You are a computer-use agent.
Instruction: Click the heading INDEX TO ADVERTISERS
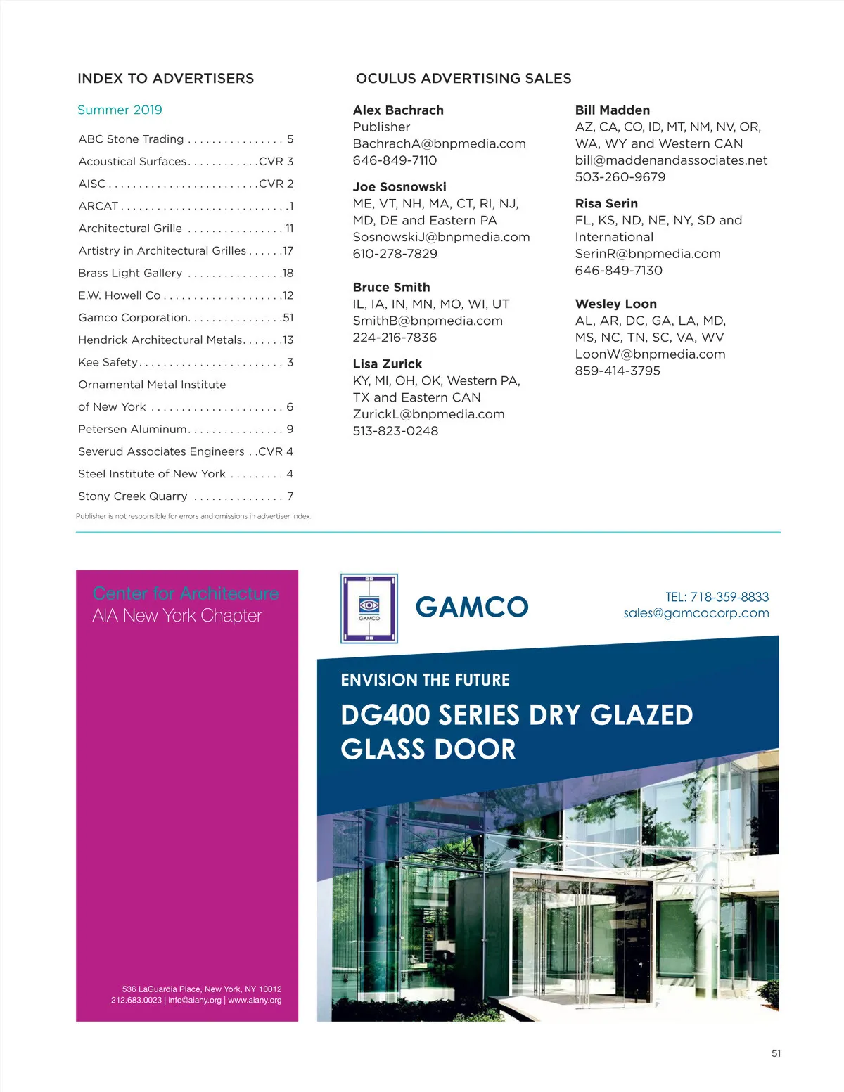tap(165, 79)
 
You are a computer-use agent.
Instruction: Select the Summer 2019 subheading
tap(120, 110)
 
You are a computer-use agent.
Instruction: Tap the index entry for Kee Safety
tap(108, 362)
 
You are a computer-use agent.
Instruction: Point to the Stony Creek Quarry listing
tap(133, 496)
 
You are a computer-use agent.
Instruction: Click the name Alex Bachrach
tap(398, 110)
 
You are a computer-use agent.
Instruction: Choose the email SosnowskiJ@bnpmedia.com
tap(441, 237)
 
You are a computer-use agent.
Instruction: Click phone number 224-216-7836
tap(395, 338)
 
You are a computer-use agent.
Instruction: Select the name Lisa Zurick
tap(388, 364)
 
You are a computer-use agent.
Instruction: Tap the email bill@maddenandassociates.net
tap(671, 160)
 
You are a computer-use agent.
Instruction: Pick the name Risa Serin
tap(606, 204)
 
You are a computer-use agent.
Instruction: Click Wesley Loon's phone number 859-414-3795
tap(618, 371)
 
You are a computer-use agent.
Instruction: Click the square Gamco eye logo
tap(369, 608)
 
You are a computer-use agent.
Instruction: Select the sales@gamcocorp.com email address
tap(696, 613)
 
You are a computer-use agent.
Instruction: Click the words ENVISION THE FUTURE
tap(425, 681)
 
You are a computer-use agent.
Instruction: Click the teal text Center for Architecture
tap(186, 593)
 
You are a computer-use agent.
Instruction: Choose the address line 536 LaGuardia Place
tap(201, 989)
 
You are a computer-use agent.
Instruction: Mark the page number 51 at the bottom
tap(776, 1053)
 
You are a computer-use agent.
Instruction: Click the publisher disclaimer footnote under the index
tap(193, 516)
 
